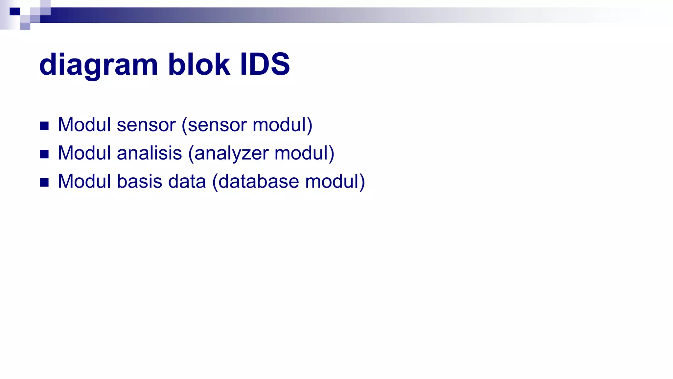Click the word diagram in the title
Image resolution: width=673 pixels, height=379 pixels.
click(98, 65)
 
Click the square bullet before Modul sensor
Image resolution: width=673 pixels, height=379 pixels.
click(44, 126)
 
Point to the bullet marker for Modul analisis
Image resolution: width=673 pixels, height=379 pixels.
click(44, 154)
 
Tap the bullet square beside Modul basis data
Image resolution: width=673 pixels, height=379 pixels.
click(44, 183)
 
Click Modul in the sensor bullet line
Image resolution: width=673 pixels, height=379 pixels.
click(84, 125)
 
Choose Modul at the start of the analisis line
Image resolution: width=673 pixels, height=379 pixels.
click(84, 153)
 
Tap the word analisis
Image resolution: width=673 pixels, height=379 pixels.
click(149, 153)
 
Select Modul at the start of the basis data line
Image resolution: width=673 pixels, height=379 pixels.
click(84, 181)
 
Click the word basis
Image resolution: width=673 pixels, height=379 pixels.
click(139, 181)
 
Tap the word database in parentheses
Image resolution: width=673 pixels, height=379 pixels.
click(258, 181)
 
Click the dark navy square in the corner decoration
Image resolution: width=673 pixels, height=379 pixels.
click(15, 12)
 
